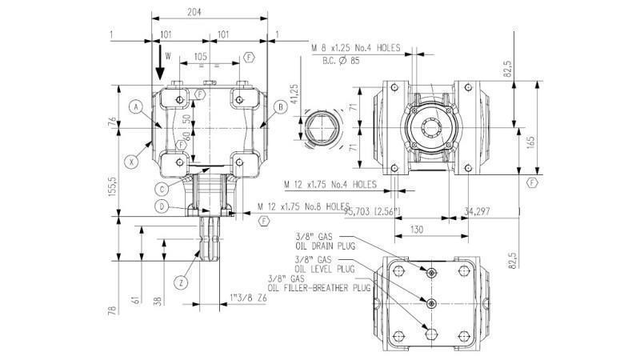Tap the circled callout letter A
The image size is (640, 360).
pyautogui.click(x=137, y=106)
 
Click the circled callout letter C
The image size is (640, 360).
pyautogui.click(x=163, y=189)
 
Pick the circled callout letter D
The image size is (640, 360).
pyautogui.click(x=163, y=207)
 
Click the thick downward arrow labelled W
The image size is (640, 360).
pyautogui.click(x=159, y=65)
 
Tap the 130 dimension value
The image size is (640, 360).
pyautogui.click(x=417, y=229)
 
